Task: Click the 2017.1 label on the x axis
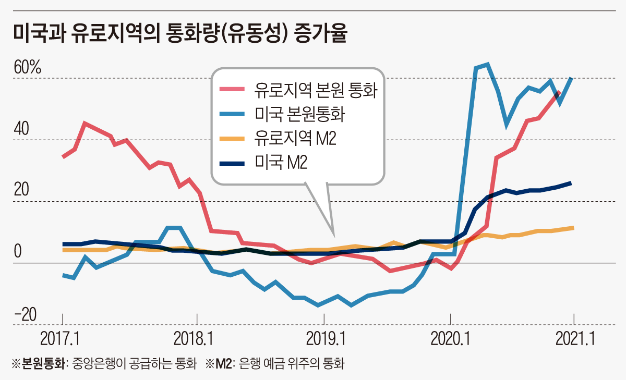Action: pos(59,339)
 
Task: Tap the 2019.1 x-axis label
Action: pos(323,339)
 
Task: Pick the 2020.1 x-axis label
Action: pos(450,339)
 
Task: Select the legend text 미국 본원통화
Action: pos(302,114)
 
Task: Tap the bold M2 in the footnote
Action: pos(224,363)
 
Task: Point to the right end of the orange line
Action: pos(573,228)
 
